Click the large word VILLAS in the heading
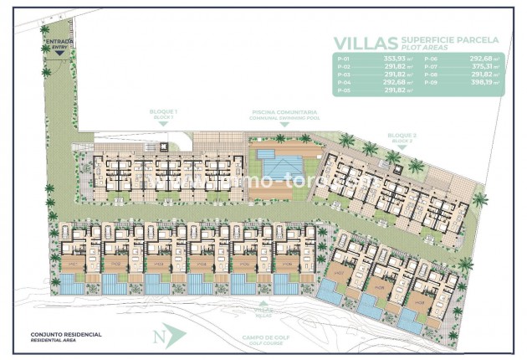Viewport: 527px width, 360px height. coord(365,43)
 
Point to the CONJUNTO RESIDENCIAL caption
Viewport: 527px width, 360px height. coord(66,335)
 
